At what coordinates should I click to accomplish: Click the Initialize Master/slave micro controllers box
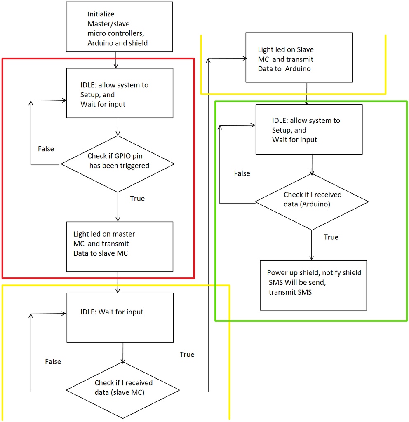click(119, 27)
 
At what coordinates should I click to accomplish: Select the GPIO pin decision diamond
click(118, 164)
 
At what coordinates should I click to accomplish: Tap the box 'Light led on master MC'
click(120, 246)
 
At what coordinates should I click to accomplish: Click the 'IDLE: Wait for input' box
click(120, 318)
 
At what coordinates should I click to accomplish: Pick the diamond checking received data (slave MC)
click(123, 390)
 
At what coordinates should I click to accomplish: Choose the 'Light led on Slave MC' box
click(299, 57)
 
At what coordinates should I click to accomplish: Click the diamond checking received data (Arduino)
click(312, 202)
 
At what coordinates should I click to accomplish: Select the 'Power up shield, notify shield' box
click(313, 285)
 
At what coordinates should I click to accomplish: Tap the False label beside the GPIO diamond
click(46, 149)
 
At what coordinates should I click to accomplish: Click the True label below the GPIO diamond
click(137, 198)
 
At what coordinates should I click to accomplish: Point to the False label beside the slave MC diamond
click(53, 361)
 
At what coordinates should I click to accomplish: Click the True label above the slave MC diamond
click(187, 354)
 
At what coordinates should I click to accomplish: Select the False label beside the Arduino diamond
click(242, 173)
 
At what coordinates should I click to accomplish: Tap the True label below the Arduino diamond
click(331, 237)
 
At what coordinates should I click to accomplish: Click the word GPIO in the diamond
click(122, 156)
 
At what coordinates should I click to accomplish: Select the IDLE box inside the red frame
click(120, 93)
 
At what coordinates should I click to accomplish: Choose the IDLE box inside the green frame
click(309, 129)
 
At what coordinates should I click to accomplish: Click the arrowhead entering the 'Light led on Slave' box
click(245, 59)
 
